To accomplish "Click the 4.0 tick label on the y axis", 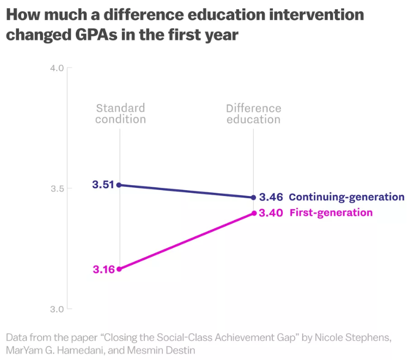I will tap(57, 68).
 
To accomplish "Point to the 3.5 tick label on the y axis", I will tap(57, 188).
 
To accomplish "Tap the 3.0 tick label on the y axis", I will tap(57, 309).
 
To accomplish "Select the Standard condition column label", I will tap(120, 113).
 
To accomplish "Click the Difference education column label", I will tap(253, 113).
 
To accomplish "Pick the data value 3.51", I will tap(103, 185).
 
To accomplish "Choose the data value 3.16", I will tap(103, 269).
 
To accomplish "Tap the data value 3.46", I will tap(271, 197).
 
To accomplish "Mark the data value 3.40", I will tap(271, 213).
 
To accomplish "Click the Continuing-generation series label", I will tap(346, 197).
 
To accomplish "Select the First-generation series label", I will tap(331, 213).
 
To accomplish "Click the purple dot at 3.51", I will tap(119, 185).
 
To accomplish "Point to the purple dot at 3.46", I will tap(253, 197).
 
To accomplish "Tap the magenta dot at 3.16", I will tap(119, 269).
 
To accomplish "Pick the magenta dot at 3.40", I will tap(253, 213).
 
